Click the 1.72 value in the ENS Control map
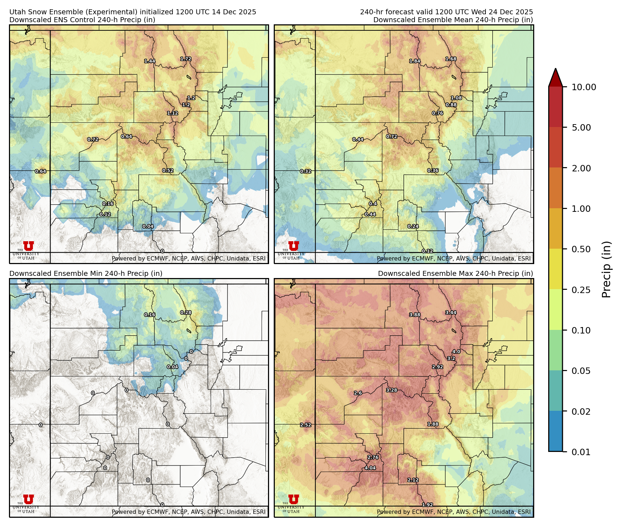click(186, 59)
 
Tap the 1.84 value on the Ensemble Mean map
click(415, 61)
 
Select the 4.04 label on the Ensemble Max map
click(370, 468)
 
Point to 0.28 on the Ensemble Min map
click(186, 312)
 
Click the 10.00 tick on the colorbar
click(584, 87)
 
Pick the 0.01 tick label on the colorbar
click(581, 452)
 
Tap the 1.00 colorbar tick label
click(581, 209)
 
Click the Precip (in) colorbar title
click(606, 269)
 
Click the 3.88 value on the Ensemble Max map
click(415, 315)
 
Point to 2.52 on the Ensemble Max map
click(306, 425)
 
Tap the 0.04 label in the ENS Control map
click(148, 226)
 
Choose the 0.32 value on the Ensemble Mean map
click(306, 171)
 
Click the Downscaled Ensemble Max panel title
click(455, 273)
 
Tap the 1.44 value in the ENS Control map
click(150, 61)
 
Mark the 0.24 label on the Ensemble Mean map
click(413, 226)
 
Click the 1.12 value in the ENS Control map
click(172, 113)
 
